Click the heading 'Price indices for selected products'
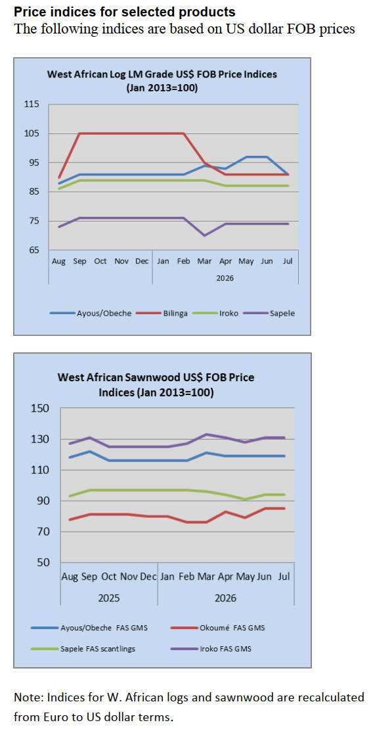click(x=125, y=12)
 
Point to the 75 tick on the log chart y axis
click(x=34, y=221)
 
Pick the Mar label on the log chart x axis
click(x=204, y=261)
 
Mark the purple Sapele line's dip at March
click(x=205, y=235)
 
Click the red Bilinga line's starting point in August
click(x=58, y=177)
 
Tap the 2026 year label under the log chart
click(x=225, y=279)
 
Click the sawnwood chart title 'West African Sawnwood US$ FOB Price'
click(x=156, y=377)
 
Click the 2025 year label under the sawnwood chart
click(x=108, y=598)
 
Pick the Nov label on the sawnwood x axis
click(x=129, y=576)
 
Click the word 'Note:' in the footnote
click(x=27, y=697)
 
